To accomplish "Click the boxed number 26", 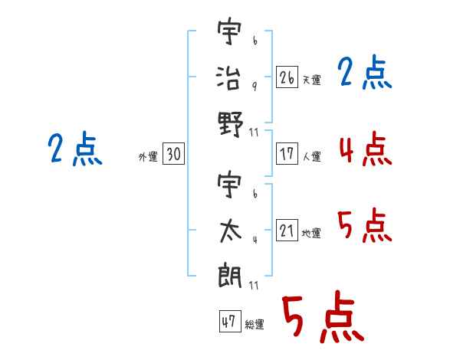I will tap(287, 78).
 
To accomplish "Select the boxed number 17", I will tap(287, 154).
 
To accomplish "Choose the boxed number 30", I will tap(173, 155).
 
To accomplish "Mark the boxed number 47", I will tap(228, 322).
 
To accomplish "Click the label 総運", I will tap(254, 324).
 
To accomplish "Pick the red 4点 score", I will tap(365, 149).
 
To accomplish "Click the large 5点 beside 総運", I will tap(322, 317).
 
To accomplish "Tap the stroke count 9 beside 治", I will tap(254, 86).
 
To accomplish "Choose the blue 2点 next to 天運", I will tap(365, 74).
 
